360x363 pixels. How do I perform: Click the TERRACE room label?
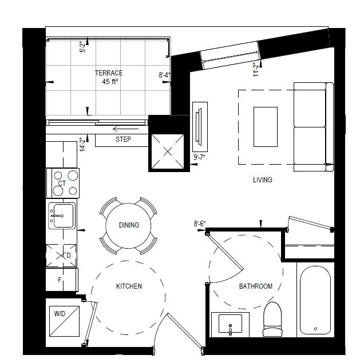tap(109, 73)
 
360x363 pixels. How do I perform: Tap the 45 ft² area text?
tap(110, 82)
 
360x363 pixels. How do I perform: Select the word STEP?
tap(123, 139)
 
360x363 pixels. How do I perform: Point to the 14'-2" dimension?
tap(82, 145)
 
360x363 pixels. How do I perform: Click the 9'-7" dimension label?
tap(199, 157)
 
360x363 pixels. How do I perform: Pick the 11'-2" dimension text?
tap(255, 69)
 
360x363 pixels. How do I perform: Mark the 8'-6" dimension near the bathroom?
tap(200, 224)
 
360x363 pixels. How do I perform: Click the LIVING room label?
tap(263, 180)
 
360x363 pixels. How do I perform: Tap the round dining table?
tap(128, 226)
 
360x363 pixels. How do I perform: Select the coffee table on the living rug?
tap(266, 127)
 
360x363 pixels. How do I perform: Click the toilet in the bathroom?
tap(272, 319)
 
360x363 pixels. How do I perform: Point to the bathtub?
tap(315, 300)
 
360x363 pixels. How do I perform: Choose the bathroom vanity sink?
tap(230, 324)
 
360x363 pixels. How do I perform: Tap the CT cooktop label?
tap(62, 184)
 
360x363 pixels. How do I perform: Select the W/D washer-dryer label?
tap(60, 314)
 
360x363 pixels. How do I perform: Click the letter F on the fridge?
tap(60, 280)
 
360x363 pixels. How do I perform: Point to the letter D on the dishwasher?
tap(69, 256)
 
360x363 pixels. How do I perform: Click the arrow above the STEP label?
tap(126, 129)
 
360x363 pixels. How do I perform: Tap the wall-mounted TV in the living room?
tap(199, 127)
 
